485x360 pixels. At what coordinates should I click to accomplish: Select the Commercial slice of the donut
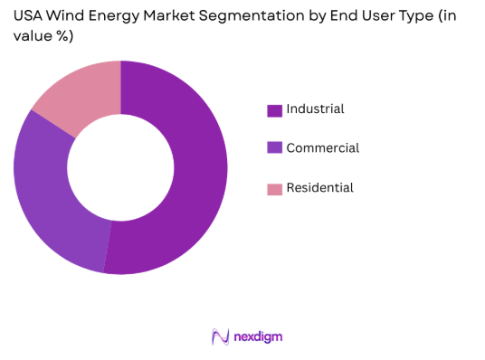click(50, 199)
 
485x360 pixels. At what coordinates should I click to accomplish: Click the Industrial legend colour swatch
click(274, 110)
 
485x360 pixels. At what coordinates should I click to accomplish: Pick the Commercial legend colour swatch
click(274, 149)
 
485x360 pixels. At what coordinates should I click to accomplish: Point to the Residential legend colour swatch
click(274, 189)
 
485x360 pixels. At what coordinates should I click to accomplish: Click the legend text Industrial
click(315, 109)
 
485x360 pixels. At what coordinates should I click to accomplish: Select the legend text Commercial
click(322, 148)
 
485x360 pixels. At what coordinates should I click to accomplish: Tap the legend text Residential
click(319, 188)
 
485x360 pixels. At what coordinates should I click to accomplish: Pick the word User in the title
click(362, 14)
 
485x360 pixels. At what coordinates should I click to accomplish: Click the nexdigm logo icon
click(220, 336)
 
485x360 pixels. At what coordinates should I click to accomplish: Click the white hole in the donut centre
click(120, 167)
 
